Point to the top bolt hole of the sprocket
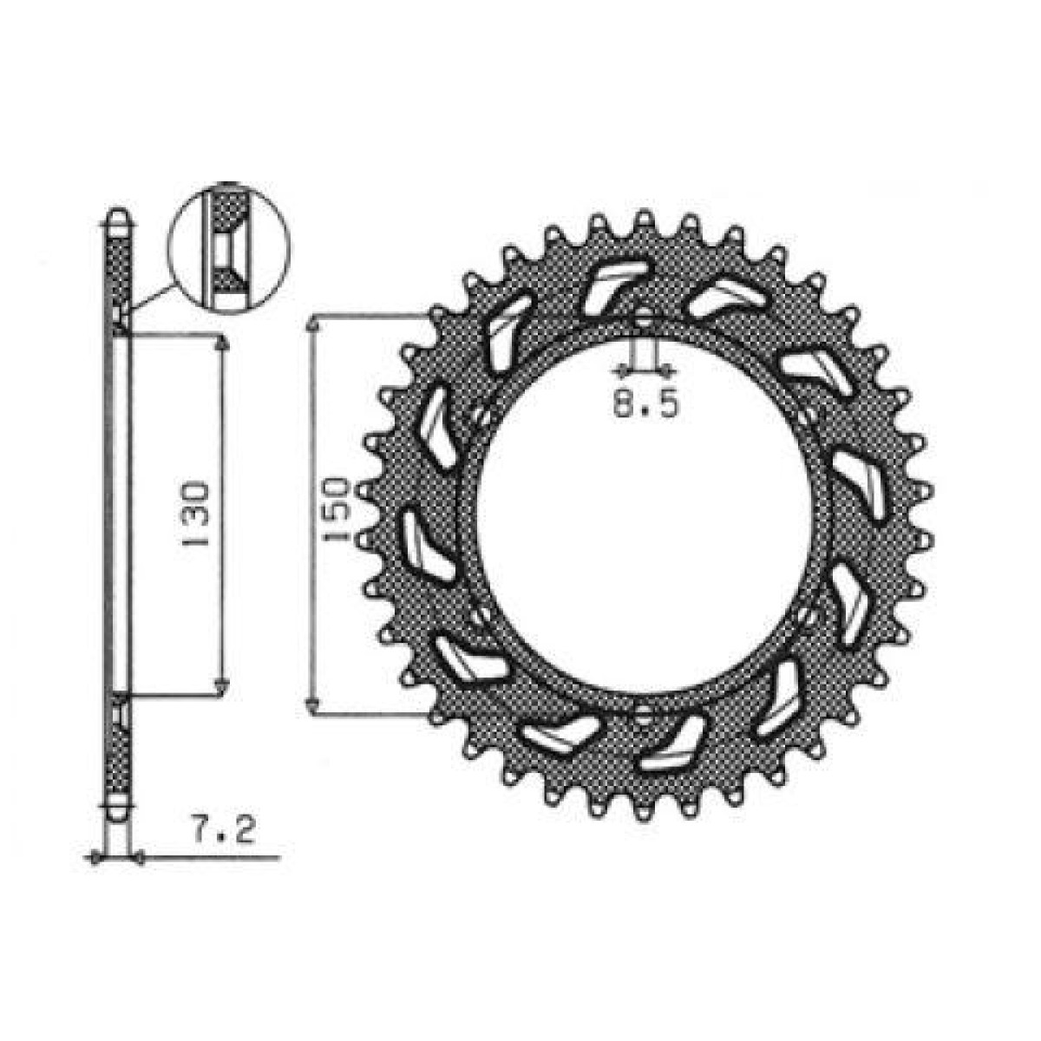[x=643, y=320]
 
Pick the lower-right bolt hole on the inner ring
[x=806, y=618]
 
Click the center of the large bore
[x=643, y=518]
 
